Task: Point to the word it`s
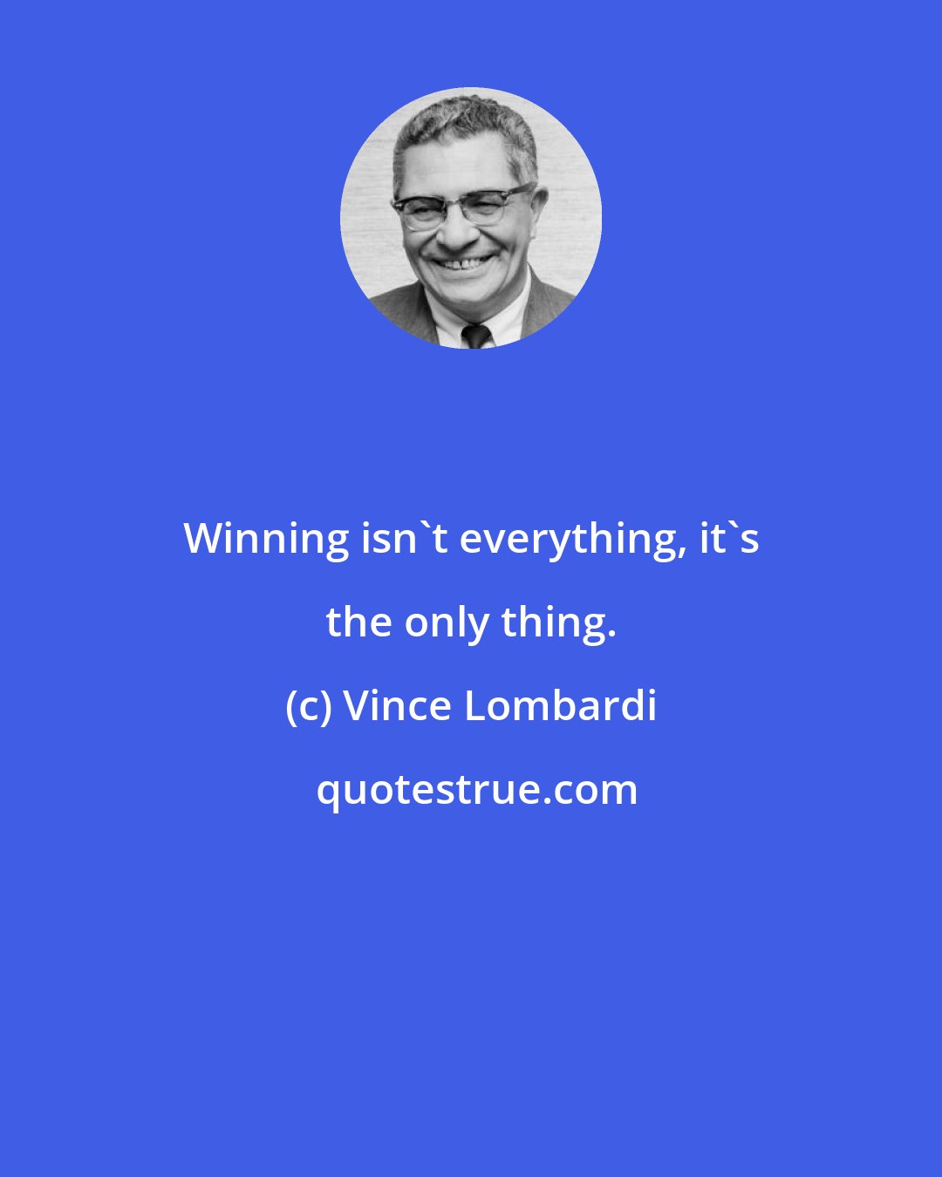[729, 539]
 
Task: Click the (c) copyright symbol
[309, 706]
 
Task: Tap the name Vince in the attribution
[399, 706]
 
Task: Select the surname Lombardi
[560, 706]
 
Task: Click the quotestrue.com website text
[476, 790]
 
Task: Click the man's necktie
[476, 335]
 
